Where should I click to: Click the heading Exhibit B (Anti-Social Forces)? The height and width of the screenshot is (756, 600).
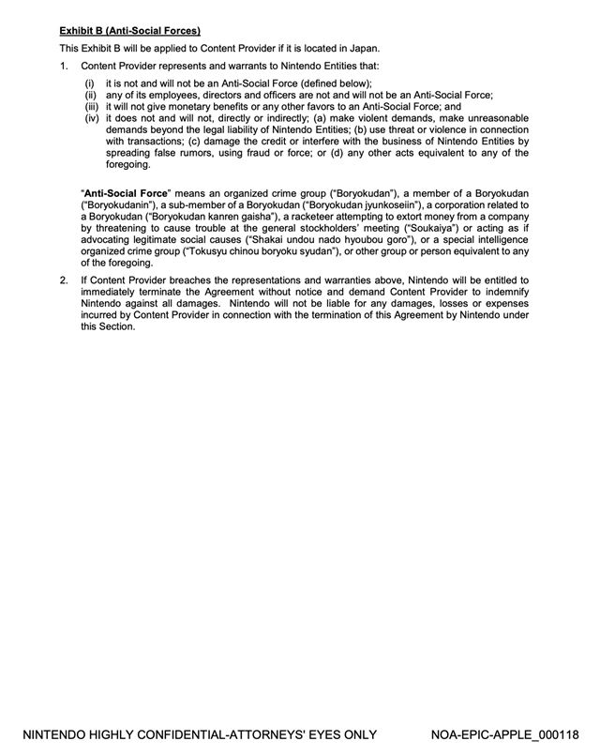point(129,30)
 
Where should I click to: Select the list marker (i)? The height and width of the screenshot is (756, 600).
point(90,83)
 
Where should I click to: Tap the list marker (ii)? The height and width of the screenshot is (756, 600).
point(91,95)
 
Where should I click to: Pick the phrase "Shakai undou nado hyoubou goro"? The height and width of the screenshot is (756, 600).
point(329,240)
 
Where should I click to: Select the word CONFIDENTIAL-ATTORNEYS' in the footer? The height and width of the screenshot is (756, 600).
point(236,734)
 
